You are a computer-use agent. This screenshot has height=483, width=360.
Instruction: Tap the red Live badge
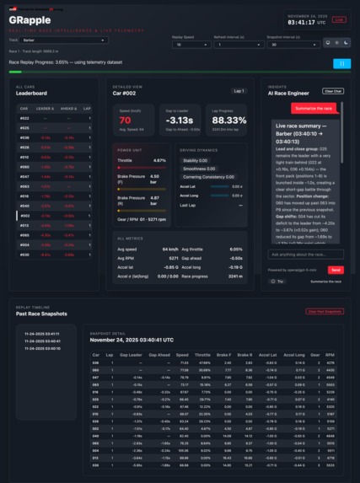pos(339,19)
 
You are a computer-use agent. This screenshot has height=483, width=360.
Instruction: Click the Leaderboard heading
pos(31,94)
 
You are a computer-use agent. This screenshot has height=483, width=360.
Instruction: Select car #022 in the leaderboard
pos(25,118)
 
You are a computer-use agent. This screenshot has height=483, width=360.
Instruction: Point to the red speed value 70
pos(124,120)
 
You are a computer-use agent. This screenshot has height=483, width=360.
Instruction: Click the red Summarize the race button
pos(317,109)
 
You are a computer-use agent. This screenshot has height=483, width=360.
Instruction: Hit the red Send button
pos(335,270)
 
